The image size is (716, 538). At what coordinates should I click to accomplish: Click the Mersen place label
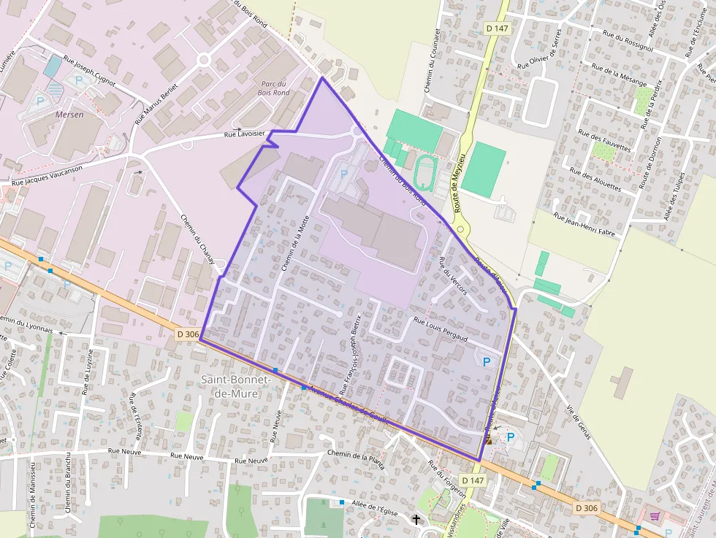click(69, 115)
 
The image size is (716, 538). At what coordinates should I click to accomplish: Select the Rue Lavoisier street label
click(243, 134)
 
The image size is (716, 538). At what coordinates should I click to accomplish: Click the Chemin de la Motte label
click(294, 244)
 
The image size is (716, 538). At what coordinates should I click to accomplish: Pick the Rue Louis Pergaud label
click(440, 328)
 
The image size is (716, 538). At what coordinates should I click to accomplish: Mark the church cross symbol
click(417, 520)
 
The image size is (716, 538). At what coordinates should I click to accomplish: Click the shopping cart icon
click(655, 516)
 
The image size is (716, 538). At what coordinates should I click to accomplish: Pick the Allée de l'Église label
click(374, 509)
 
